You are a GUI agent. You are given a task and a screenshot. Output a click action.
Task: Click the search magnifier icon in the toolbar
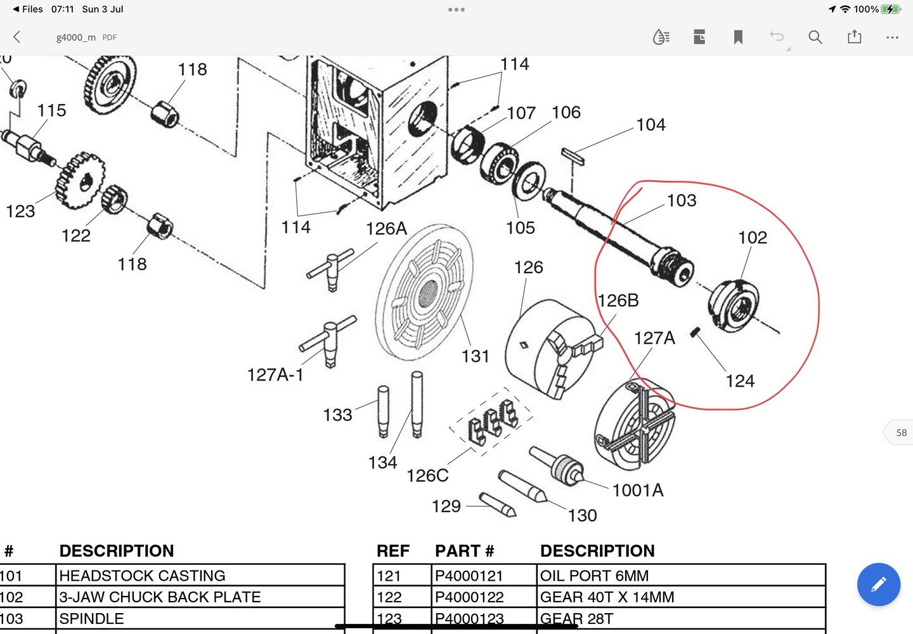pyautogui.click(x=815, y=37)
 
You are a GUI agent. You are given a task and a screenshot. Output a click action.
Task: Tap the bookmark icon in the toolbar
pyautogui.click(x=738, y=37)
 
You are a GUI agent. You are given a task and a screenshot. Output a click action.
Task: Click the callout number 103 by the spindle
pyautogui.click(x=682, y=200)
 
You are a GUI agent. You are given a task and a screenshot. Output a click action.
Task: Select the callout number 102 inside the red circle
pyautogui.click(x=753, y=238)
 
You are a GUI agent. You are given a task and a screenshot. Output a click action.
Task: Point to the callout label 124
pyautogui.click(x=740, y=381)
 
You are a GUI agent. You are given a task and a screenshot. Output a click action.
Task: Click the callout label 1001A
pyautogui.click(x=638, y=490)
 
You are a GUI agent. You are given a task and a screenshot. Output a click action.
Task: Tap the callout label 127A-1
pyautogui.click(x=275, y=375)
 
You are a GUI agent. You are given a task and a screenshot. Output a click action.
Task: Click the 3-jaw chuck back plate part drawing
pyautogui.click(x=734, y=306)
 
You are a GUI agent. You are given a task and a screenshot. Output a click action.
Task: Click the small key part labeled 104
pyautogui.click(x=573, y=156)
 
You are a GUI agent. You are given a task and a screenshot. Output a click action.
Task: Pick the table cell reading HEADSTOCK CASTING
pyautogui.click(x=142, y=576)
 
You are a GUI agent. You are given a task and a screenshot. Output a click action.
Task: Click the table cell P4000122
pyautogui.click(x=469, y=597)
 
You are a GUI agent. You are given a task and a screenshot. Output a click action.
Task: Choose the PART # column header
pyautogui.click(x=464, y=551)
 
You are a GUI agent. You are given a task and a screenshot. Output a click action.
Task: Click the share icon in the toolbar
pyautogui.click(x=855, y=37)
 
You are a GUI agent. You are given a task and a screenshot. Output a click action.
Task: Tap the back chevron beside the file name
pyautogui.click(x=17, y=37)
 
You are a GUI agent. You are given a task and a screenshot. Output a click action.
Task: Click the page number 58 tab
pyautogui.click(x=900, y=433)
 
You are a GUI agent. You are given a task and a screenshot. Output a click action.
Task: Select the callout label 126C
pyautogui.click(x=427, y=475)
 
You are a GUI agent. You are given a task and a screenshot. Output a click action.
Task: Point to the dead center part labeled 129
pyautogui.click(x=498, y=505)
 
